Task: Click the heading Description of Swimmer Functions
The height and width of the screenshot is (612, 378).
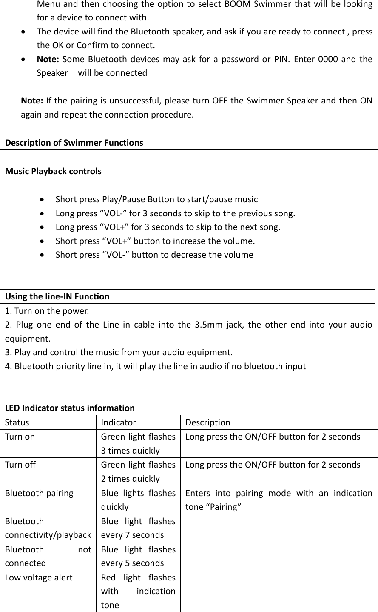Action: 74,143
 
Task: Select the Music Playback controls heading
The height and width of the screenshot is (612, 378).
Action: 53,171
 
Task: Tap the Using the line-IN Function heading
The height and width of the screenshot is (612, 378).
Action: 57,296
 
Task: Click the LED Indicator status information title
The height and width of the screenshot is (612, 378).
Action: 70,408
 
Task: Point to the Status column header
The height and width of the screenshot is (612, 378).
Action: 17,422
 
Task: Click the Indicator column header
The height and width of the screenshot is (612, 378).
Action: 119,422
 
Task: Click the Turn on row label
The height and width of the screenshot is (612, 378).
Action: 20,437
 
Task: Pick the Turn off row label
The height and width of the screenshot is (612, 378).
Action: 20,465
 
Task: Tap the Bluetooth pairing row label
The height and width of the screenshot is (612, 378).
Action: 39,493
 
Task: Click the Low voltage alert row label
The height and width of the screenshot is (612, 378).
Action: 39,578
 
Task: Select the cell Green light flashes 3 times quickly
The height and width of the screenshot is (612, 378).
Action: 138,443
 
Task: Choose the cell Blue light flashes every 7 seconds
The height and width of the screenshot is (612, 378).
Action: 138,528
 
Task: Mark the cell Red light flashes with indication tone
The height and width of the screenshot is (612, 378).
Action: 138,591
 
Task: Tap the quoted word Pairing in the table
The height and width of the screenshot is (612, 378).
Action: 224,507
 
